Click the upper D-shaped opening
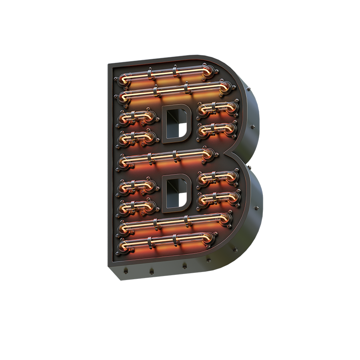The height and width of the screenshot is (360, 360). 176,124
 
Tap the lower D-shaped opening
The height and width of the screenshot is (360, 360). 176,193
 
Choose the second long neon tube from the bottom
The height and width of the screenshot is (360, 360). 174,223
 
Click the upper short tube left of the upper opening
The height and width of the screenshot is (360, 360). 137,117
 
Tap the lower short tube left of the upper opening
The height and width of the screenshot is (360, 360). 137,138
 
